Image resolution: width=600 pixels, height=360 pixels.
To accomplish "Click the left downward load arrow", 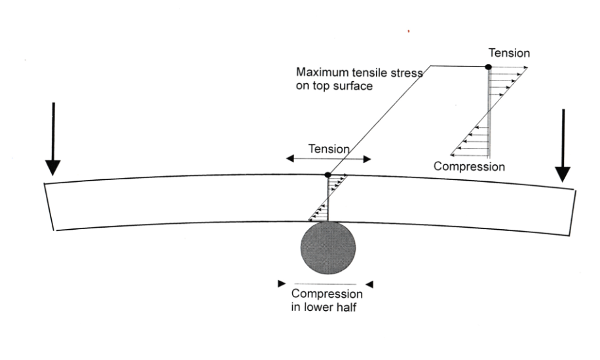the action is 53,139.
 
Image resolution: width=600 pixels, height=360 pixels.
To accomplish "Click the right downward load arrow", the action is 563,146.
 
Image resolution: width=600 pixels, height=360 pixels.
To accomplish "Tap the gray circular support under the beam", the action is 328,248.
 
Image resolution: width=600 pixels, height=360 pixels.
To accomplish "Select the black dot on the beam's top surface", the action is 328,175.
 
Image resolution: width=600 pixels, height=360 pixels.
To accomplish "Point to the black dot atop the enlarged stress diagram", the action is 488,67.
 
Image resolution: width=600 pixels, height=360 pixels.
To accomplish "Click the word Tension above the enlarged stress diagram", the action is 510,53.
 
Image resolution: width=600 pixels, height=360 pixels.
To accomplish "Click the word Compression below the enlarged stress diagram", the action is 469,167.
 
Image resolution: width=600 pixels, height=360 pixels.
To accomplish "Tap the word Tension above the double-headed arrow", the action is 329,149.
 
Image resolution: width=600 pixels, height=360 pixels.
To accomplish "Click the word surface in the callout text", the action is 353,86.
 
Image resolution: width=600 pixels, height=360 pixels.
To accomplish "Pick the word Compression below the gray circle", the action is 327,294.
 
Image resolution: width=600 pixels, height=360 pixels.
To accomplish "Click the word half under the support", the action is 347,307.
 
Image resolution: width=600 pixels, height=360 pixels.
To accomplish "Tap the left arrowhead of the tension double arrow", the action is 290,158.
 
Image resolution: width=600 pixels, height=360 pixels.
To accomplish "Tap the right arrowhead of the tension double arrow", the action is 367,159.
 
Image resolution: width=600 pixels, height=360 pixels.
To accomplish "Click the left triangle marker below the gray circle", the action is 282,283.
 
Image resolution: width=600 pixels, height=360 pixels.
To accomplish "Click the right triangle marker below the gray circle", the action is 369,284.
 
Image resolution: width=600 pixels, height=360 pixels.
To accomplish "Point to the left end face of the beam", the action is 49,207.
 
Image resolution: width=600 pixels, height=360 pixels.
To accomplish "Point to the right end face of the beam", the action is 573,212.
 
